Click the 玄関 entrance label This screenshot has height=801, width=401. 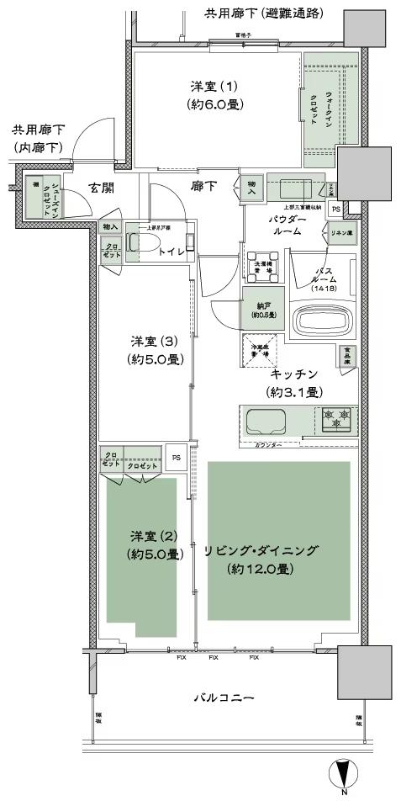[x=103, y=189]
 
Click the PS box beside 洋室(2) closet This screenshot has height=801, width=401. [x=176, y=458]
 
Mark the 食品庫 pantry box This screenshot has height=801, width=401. [x=347, y=356]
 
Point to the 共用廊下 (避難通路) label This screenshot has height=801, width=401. [x=264, y=13]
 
